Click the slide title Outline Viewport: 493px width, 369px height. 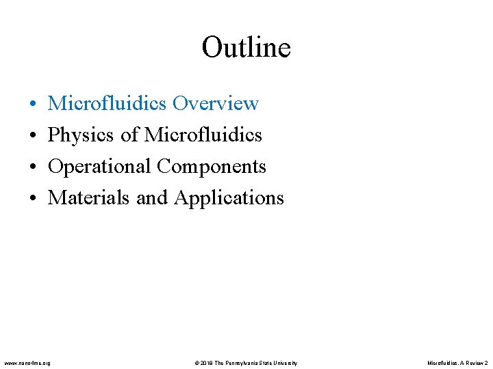coord(246,48)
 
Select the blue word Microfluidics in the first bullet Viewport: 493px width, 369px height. coord(108,103)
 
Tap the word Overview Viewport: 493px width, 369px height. coord(216,103)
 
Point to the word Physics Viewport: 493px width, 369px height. coord(81,135)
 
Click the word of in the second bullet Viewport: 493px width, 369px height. coord(130,135)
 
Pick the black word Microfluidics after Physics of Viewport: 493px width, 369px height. coord(203,135)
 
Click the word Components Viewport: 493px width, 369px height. coord(212,167)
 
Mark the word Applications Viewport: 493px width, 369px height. coord(229,198)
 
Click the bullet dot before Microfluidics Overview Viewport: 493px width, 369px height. coord(33,104)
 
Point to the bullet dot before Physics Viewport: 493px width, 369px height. coord(33,135)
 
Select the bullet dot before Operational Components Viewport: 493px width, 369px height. coord(33,167)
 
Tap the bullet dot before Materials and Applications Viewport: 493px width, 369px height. coord(33,198)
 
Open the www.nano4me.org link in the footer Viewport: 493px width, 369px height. coord(27,362)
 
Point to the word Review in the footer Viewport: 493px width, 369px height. coord(473,362)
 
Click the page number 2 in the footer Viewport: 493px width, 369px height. coord(486,362)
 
